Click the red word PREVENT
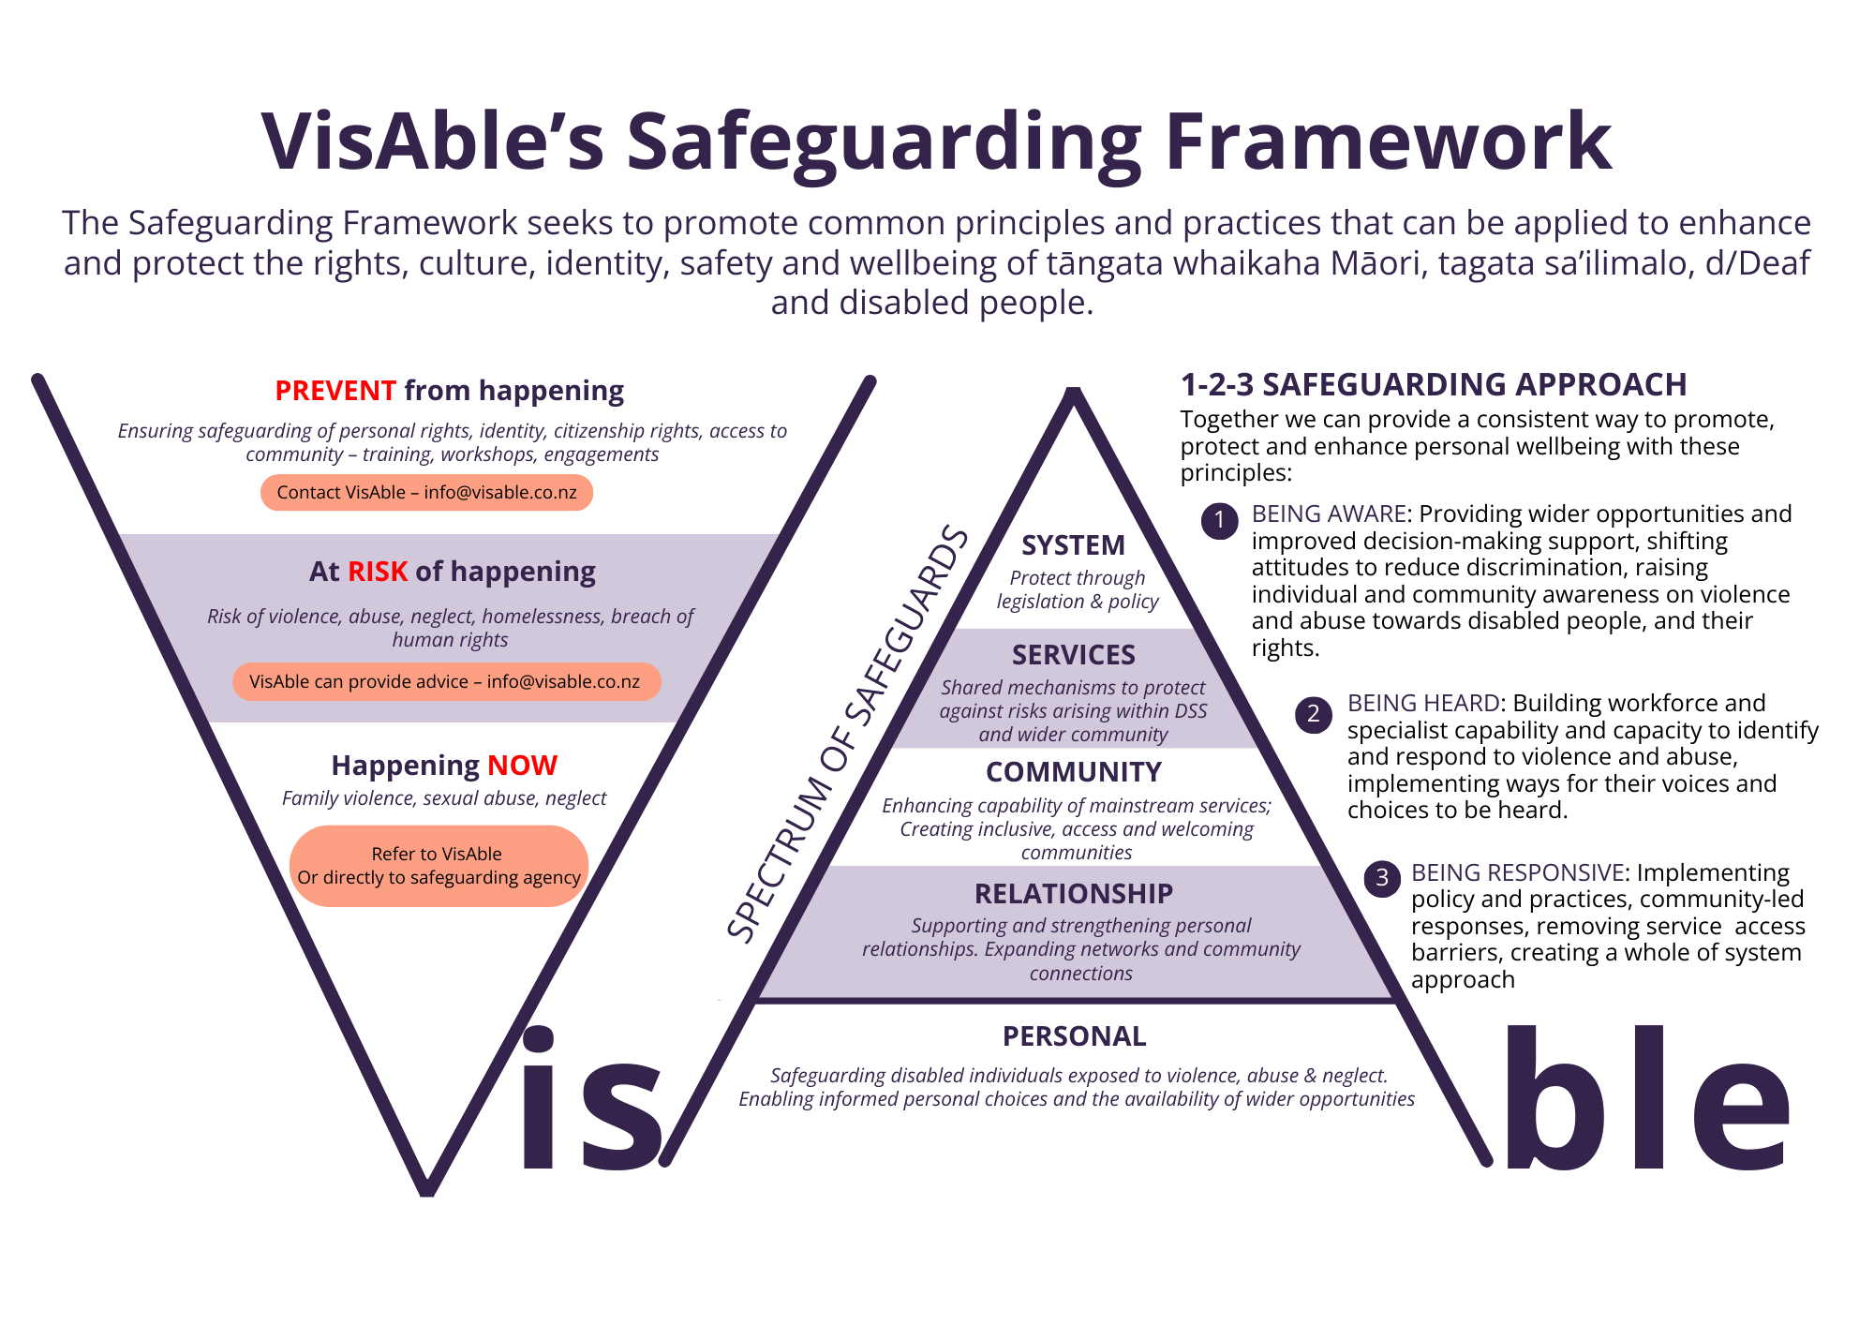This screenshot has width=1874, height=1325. pyautogui.click(x=335, y=391)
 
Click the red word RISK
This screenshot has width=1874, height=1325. pyautogui.click(x=378, y=572)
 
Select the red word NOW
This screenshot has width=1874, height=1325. pyautogui.click(x=522, y=766)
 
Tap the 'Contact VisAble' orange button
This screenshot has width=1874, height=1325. pyautogui.click(x=426, y=493)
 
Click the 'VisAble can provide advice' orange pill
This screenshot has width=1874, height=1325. pyautogui.click(x=446, y=682)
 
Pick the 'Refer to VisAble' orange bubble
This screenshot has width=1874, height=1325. pyautogui.click(x=439, y=866)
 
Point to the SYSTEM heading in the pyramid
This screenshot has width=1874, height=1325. pyautogui.click(x=1073, y=545)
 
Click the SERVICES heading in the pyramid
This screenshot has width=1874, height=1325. pyautogui.click(x=1073, y=655)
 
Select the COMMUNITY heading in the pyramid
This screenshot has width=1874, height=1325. pyautogui.click(x=1074, y=772)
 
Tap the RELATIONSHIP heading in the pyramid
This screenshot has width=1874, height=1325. pyautogui.click(x=1074, y=894)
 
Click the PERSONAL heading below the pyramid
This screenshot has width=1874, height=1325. pyautogui.click(x=1074, y=1036)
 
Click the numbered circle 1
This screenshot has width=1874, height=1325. pyautogui.click(x=1219, y=520)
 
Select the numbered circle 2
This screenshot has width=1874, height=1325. pyautogui.click(x=1314, y=714)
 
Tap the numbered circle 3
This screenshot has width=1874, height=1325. pyautogui.click(x=1381, y=879)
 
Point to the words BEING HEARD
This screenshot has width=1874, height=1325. pyautogui.click(x=1423, y=704)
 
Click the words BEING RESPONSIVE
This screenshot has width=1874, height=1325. pyautogui.click(x=1517, y=873)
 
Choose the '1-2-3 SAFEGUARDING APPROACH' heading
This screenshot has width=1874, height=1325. pyautogui.click(x=1433, y=385)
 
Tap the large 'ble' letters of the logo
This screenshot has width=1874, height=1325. pyautogui.click(x=1646, y=1101)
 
